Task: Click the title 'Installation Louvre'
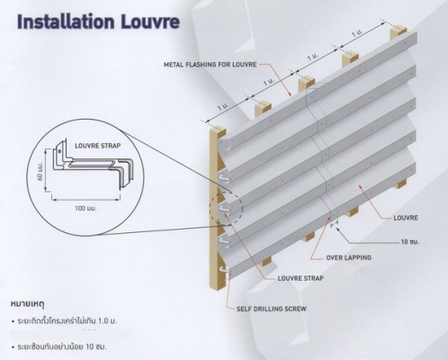click(x=98, y=22)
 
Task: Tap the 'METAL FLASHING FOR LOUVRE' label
click(x=211, y=65)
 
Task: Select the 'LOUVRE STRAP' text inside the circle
click(x=98, y=146)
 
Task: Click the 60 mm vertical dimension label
click(x=40, y=172)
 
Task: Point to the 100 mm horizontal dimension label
click(x=85, y=208)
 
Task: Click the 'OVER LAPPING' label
click(x=349, y=257)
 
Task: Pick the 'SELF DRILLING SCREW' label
click(x=272, y=309)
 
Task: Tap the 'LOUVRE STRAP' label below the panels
click(x=300, y=278)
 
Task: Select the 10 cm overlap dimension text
click(x=410, y=241)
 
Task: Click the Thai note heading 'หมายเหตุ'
click(x=28, y=304)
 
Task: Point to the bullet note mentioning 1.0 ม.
click(x=64, y=321)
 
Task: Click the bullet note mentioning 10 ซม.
click(x=59, y=347)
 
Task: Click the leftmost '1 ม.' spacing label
click(x=223, y=107)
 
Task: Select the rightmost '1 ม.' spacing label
click(x=357, y=33)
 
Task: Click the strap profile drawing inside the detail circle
click(x=92, y=164)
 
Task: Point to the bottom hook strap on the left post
click(x=224, y=271)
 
